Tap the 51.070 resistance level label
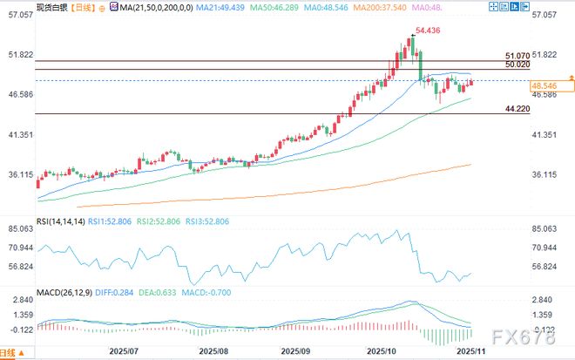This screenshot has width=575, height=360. pyautogui.click(x=517, y=56)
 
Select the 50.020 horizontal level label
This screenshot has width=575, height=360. pyautogui.click(x=517, y=65)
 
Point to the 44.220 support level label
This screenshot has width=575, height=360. pyautogui.click(x=517, y=108)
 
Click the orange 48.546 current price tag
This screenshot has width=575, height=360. pyautogui.click(x=544, y=85)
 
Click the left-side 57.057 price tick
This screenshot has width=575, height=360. pyautogui.click(x=19, y=16)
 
